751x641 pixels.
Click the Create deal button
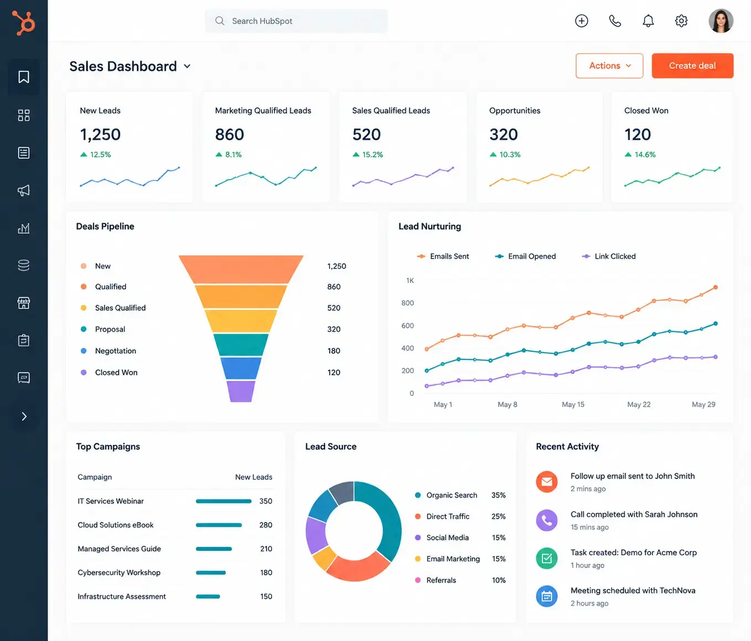(692, 66)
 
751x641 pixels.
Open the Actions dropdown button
(609, 66)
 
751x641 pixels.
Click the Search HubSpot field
(296, 21)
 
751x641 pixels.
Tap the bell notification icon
(648, 21)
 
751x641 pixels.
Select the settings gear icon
(681, 21)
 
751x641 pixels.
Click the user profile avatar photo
(721, 21)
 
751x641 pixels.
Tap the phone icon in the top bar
(615, 21)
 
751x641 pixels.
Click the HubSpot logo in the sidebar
(24, 23)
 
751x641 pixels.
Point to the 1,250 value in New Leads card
(100, 134)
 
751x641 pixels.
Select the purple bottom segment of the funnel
(241, 391)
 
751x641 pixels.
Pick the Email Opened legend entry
(525, 256)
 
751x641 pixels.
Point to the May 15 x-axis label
(573, 404)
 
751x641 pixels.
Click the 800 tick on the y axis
(408, 303)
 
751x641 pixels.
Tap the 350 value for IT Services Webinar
(265, 501)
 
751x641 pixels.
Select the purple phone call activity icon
(547, 520)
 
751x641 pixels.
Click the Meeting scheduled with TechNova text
(633, 591)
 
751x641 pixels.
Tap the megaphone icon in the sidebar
(24, 190)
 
